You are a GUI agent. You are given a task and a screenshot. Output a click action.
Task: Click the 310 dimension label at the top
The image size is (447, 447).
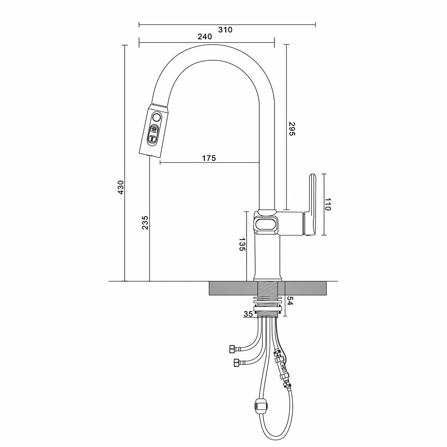click(x=226, y=30)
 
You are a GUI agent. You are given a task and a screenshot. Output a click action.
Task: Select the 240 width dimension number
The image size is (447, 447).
click(x=204, y=38)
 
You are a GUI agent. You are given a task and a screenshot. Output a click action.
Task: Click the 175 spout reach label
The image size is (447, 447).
click(x=208, y=158)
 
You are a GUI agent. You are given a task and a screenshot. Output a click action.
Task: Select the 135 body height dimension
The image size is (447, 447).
click(x=242, y=245)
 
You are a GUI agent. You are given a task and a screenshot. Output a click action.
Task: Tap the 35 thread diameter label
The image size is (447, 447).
click(x=248, y=314)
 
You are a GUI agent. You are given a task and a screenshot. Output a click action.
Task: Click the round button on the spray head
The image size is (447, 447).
click(x=156, y=118)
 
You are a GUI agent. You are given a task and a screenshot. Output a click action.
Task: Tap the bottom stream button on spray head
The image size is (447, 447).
click(x=152, y=139)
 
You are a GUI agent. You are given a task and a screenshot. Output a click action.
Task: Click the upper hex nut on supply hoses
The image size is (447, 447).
click(x=232, y=348)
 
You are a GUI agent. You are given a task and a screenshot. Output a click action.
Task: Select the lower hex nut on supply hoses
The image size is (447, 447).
click(x=235, y=362)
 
